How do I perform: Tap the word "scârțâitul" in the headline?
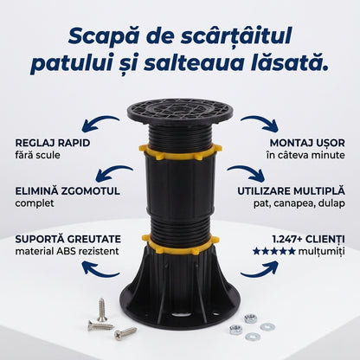click(236, 35)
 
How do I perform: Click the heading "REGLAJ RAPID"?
click(53, 143)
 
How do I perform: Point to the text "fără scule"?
click(37, 155)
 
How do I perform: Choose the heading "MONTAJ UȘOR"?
click(307, 143)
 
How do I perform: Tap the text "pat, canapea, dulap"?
click(299, 203)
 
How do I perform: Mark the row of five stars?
click(274, 251)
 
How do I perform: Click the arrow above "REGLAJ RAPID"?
click(100, 121)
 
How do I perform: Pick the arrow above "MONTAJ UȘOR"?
click(260, 121)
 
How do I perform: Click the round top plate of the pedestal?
click(180, 112)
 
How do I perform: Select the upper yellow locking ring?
click(180, 153)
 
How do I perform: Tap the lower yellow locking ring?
click(180, 246)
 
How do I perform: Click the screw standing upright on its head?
click(101, 310)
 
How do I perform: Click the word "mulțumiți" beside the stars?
click(322, 252)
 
